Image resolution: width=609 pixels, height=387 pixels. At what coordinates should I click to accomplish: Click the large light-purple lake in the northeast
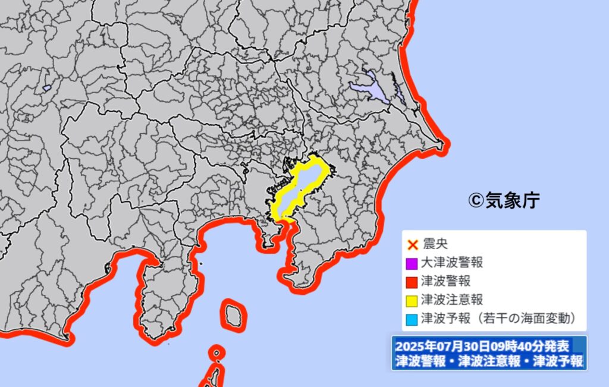[x=370, y=88]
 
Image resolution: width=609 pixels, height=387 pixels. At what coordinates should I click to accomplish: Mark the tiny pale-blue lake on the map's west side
[x=46, y=88]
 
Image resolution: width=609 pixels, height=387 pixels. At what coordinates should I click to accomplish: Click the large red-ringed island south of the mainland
[x=233, y=313]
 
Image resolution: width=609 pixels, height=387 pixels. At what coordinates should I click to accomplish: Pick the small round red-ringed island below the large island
[x=216, y=354]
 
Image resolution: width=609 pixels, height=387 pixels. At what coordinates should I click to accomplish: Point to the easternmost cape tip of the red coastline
[x=445, y=143]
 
